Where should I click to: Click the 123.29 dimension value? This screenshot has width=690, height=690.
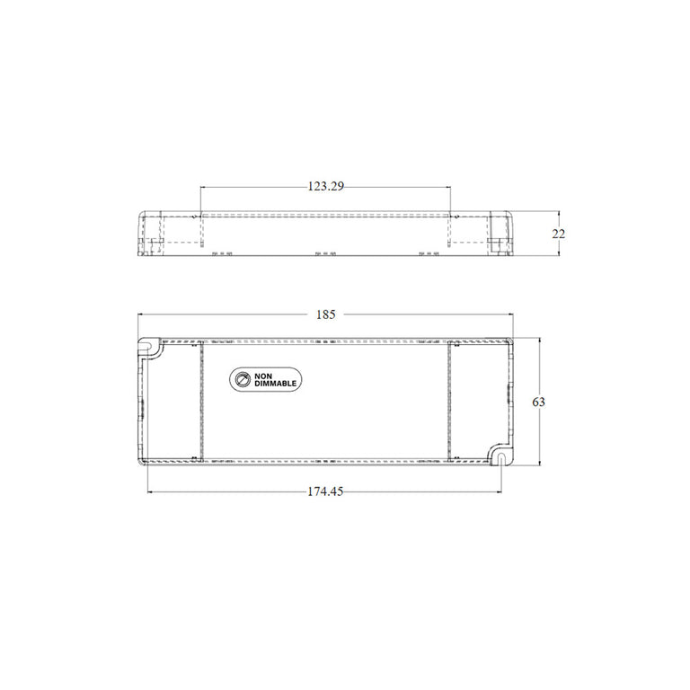(325, 187)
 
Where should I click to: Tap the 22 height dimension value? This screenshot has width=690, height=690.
(559, 234)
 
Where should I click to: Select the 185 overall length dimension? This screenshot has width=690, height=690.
(325, 314)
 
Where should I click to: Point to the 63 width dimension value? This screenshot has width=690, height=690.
(539, 402)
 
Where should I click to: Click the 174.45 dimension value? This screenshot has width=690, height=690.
(325, 491)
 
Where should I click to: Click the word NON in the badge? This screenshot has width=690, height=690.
(263, 376)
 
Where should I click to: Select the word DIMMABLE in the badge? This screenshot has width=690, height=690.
(276, 384)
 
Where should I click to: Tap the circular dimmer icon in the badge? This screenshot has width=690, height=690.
(243, 379)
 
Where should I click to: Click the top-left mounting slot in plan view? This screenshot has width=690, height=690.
(147, 346)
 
